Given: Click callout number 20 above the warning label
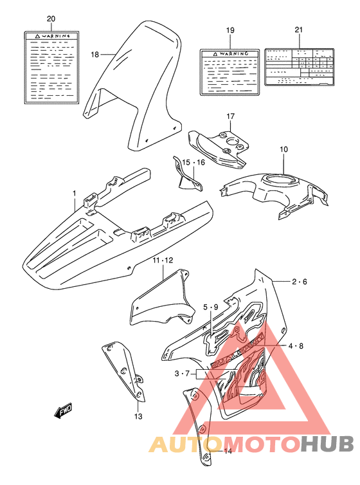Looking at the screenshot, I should click(51, 19).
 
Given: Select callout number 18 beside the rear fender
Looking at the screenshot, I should click(94, 55).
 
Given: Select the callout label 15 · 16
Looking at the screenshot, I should click(193, 163).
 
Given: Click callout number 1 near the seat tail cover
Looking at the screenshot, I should click(74, 193).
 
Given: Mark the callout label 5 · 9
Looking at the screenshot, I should click(210, 307).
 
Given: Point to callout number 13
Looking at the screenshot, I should click(136, 416).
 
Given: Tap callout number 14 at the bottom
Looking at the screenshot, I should click(227, 451).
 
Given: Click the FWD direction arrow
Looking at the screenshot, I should click(64, 410).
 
